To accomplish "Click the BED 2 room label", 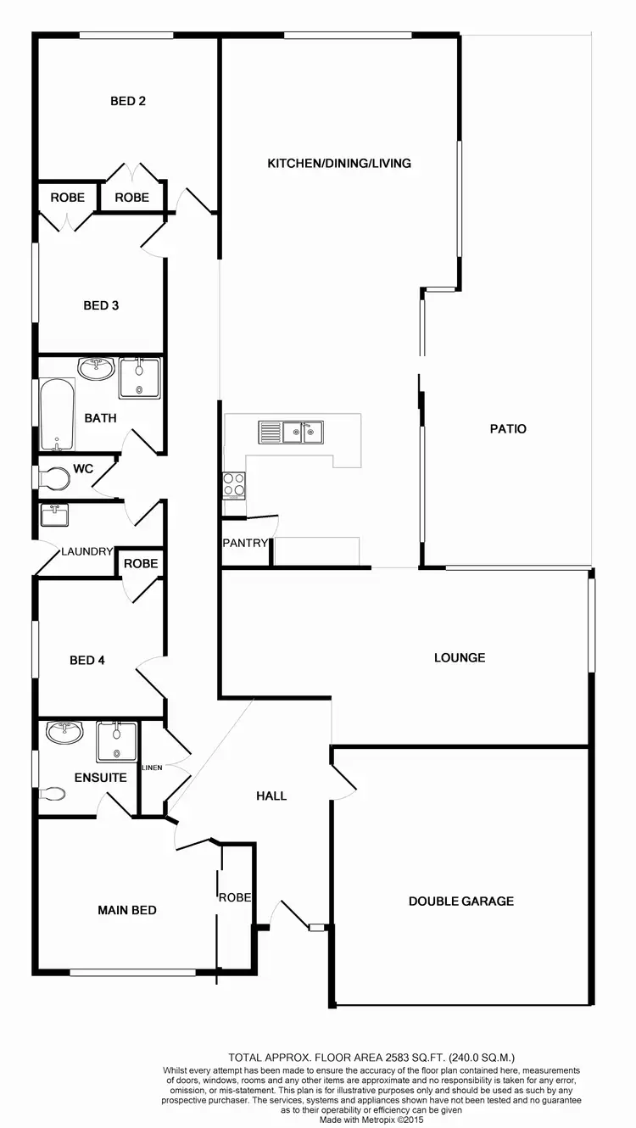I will [128, 101].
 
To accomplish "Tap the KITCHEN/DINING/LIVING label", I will [339, 163].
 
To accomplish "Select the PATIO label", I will [508, 428].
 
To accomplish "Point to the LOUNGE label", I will [460, 657].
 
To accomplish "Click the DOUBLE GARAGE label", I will [461, 901].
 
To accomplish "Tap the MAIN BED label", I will [127, 910].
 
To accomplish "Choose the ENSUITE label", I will [101, 777].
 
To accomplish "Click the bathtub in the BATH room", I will [57, 414].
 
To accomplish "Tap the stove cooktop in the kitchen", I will [234, 484].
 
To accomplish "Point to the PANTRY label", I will [245, 543].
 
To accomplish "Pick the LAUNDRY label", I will [86, 551].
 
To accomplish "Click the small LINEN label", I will [152, 768].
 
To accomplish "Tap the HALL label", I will [271, 796].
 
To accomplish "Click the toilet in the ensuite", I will [53, 793].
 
